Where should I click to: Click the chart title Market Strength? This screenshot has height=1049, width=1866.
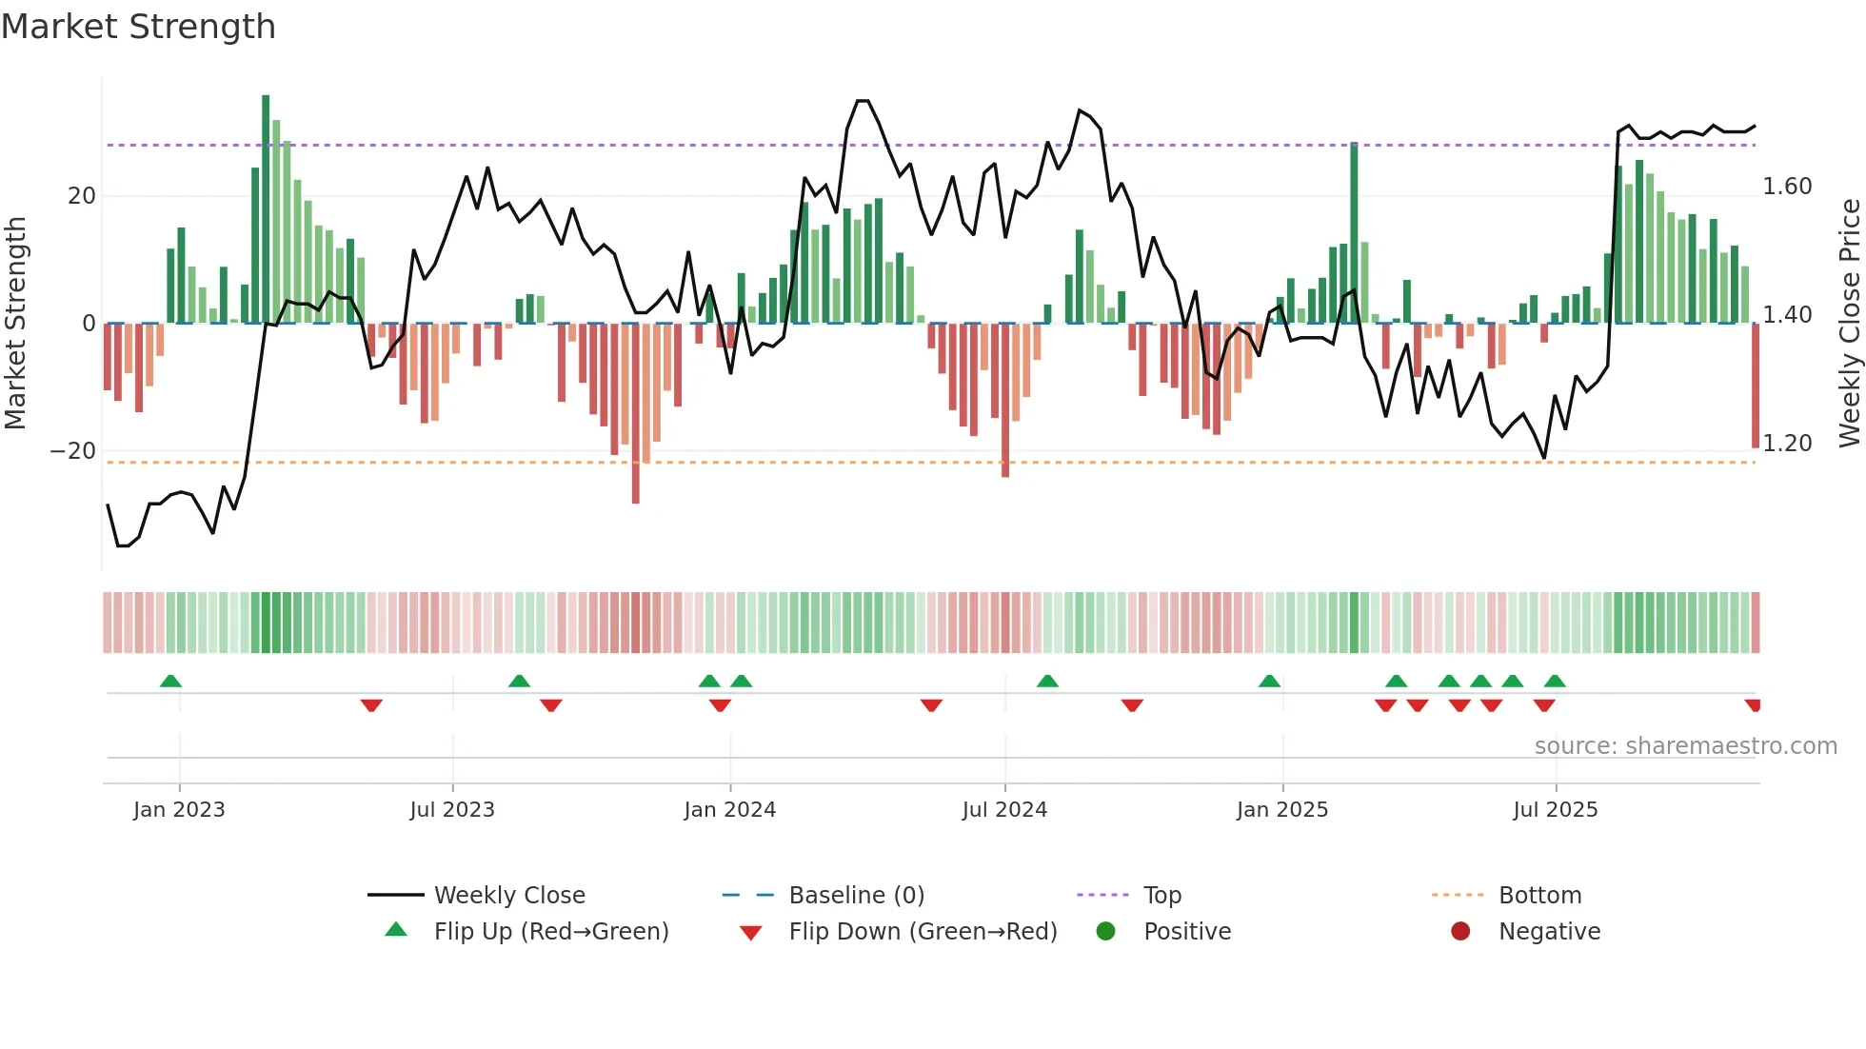(138, 27)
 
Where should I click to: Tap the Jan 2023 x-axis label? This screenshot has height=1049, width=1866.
(179, 810)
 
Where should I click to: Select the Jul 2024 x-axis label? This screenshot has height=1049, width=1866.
(1004, 810)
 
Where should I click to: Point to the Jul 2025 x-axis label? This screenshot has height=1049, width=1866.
(1556, 810)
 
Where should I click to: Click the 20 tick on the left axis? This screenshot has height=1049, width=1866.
(82, 196)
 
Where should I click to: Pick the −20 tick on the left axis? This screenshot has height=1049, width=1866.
(73, 451)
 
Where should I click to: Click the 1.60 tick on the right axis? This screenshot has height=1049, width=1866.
(1787, 187)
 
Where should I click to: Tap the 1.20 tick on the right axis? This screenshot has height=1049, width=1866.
(1787, 444)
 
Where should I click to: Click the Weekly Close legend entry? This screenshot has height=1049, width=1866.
(509, 896)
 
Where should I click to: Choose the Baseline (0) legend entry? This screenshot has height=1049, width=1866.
(856, 896)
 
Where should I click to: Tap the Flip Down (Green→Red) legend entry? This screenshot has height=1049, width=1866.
(923, 932)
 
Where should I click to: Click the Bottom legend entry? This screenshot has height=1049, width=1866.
(1539, 896)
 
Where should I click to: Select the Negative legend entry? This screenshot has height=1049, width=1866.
(1549, 932)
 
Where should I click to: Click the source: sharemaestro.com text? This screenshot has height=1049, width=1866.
(1685, 746)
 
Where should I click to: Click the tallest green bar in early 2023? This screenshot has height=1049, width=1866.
(266, 209)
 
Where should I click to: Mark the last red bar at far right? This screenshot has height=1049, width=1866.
(1755, 386)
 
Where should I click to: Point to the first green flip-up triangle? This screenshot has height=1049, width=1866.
(170, 682)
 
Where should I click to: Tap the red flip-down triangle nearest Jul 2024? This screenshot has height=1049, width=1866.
(931, 705)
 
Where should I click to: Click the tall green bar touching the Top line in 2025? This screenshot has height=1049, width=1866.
(1354, 233)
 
